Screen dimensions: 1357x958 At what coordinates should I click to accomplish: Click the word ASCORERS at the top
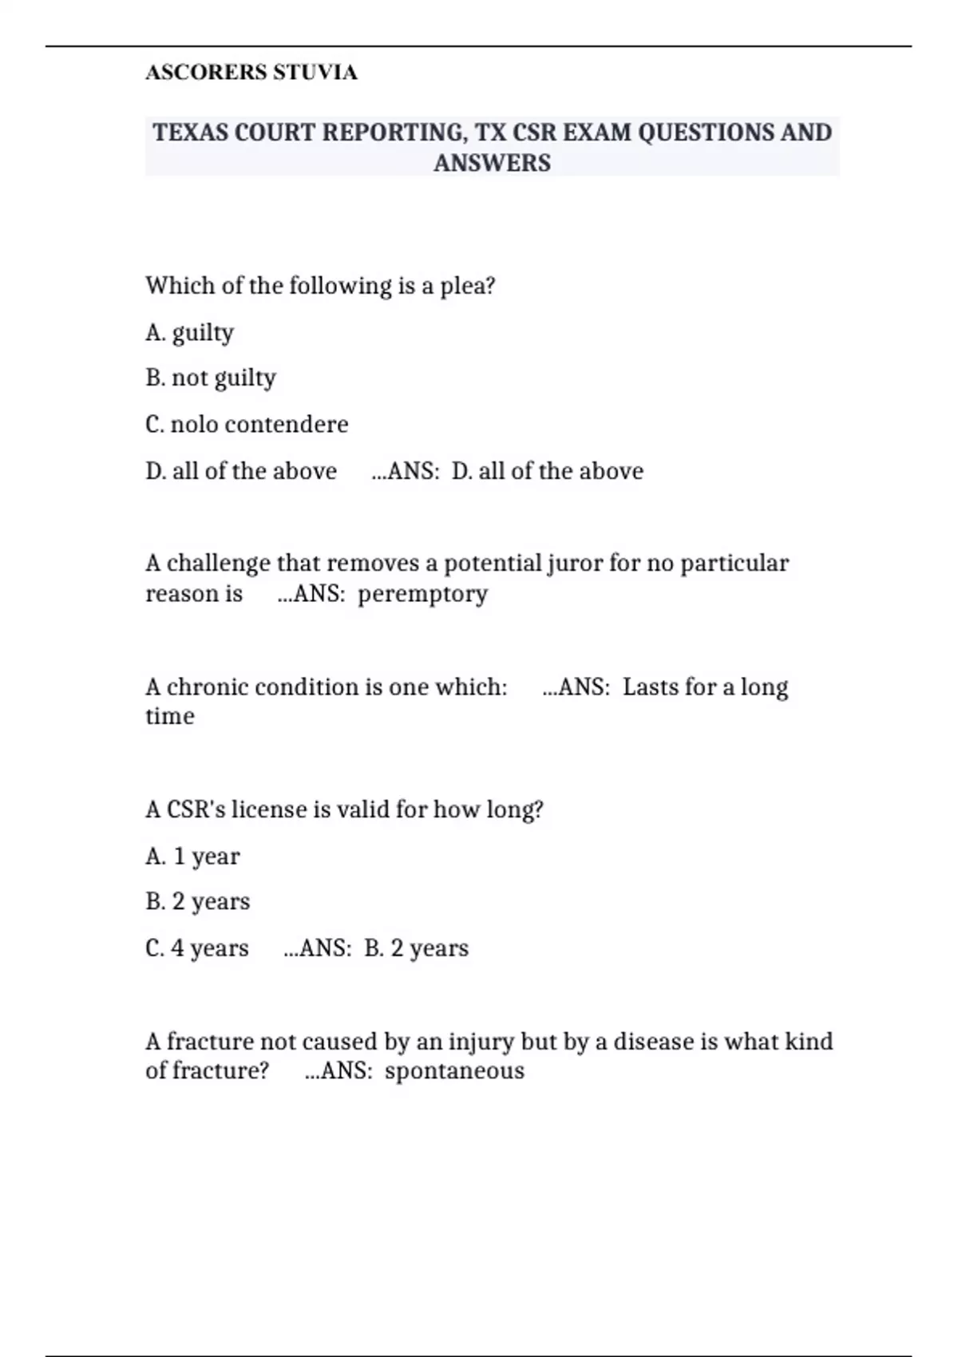tap(206, 73)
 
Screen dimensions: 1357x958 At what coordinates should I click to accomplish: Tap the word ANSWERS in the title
tap(492, 163)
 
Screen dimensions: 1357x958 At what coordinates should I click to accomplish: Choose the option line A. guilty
tap(190, 332)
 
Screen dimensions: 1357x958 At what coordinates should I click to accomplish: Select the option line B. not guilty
tap(211, 378)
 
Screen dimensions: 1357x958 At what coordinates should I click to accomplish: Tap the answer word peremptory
tap(422, 595)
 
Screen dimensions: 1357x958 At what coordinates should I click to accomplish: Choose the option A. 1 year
tap(192, 857)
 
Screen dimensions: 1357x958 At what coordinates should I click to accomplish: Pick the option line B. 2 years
tap(198, 902)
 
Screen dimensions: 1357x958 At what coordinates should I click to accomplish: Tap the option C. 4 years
tap(197, 948)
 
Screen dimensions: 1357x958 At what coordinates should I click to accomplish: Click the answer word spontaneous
tap(454, 1071)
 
